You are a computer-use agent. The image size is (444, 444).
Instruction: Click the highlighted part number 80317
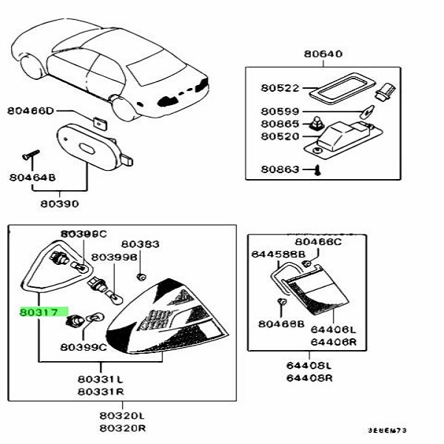tap(43, 313)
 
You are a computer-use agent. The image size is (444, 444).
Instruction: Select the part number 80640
tap(322, 53)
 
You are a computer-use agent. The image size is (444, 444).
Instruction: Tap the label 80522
tap(279, 88)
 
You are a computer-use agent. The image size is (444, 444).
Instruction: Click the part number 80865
tap(279, 125)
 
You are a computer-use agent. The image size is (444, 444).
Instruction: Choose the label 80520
tap(279, 137)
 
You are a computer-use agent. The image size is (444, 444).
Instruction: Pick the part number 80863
tap(279, 170)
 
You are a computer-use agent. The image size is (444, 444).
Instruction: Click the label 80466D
tap(31, 111)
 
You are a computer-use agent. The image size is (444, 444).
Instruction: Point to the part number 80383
tap(140, 243)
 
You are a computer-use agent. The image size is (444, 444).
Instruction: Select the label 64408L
tap(310, 366)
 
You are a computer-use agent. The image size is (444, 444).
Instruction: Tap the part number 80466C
tap(318, 241)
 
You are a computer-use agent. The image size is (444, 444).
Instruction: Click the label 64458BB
tap(277, 254)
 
